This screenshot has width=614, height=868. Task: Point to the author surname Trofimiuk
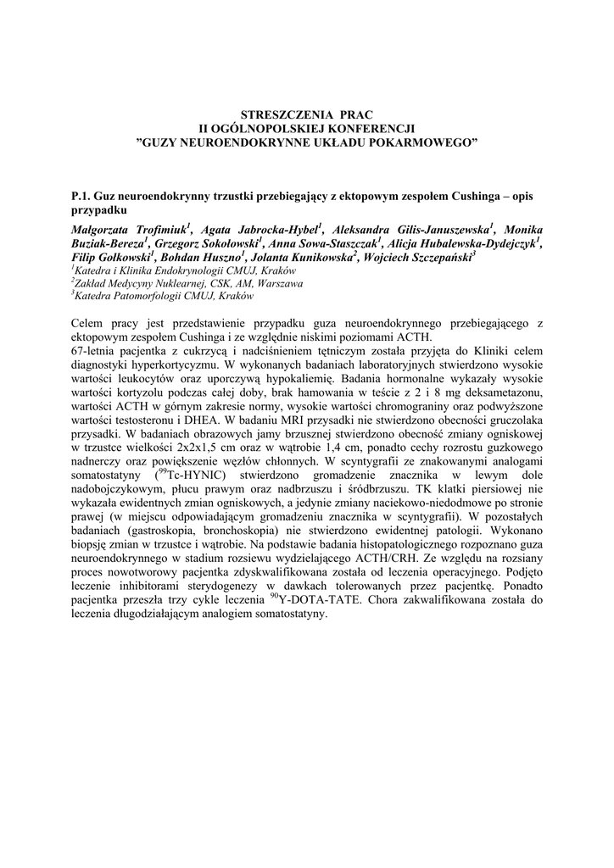157,229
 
